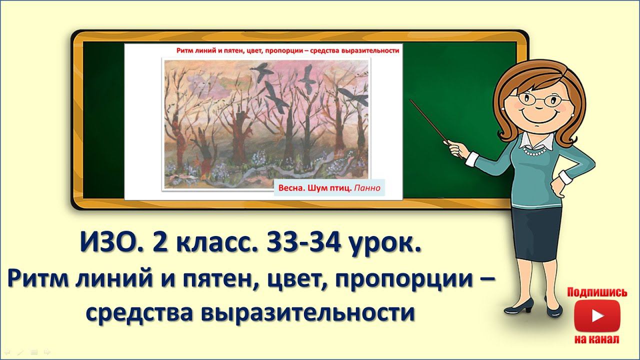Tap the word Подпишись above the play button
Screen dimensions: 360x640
[597, 292]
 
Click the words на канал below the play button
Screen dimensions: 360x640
[597, 339]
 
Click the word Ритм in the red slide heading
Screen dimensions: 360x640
[186, 50]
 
